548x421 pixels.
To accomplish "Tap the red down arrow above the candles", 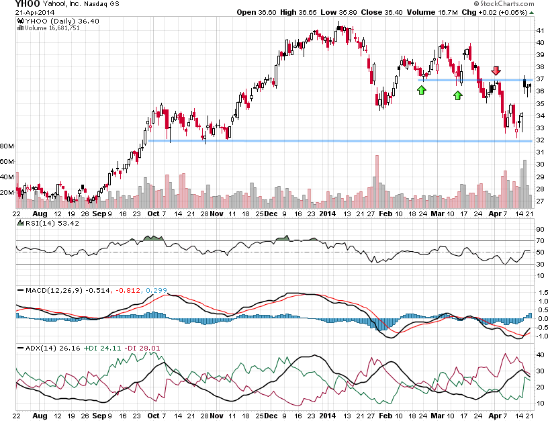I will [496, 71].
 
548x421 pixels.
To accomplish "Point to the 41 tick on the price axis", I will [539, 30].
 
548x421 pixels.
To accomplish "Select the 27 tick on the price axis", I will [539, 201].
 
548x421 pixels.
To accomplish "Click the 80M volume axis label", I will [7, 146].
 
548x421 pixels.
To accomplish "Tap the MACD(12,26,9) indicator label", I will [48, 290].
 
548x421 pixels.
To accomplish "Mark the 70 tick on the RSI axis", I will [539, 240].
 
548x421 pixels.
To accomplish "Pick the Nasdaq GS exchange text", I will [103, 4].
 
